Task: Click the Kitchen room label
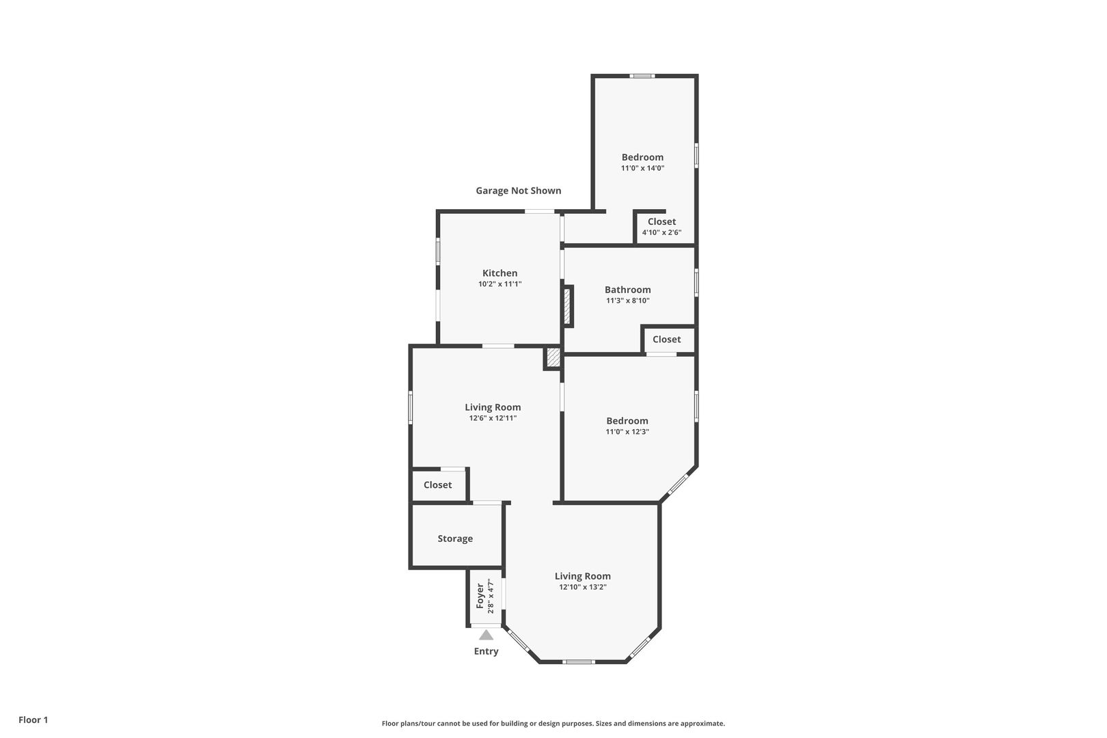click(500, 273)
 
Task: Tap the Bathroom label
click(627, 290)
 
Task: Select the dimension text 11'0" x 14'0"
click(642, 168)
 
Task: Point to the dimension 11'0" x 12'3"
click(627, 432)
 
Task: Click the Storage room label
click(455, 538)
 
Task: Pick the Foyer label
click(480, 596)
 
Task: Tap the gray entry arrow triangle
click(487, 635)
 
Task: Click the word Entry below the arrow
click(487, 651)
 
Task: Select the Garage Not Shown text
click(519, 191)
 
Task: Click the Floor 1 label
click(33, 720)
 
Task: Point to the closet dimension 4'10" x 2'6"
click(661, 232)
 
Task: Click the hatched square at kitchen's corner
click(553, 358)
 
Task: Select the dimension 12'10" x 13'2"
click(583, 587)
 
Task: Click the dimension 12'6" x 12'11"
click(493, 418)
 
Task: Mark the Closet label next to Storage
click(438, 485)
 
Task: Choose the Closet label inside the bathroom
click(667, 340)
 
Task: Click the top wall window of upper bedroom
click(642, 76)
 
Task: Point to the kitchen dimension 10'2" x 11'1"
click(500, 284)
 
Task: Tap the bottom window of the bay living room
click(579, 662)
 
